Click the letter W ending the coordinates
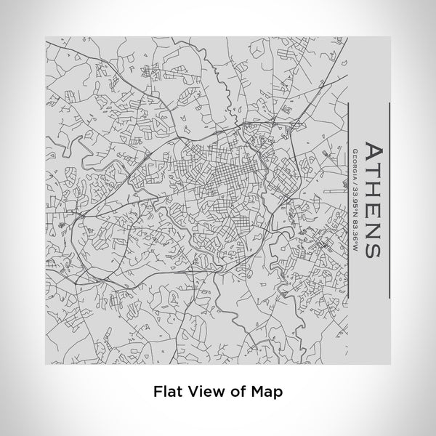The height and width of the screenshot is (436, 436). (355, 248)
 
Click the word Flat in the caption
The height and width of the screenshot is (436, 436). (166, 391)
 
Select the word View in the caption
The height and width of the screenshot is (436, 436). (203, 391)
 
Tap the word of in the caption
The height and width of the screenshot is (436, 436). (234, 391)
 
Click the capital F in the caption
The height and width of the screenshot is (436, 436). (157, 391)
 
